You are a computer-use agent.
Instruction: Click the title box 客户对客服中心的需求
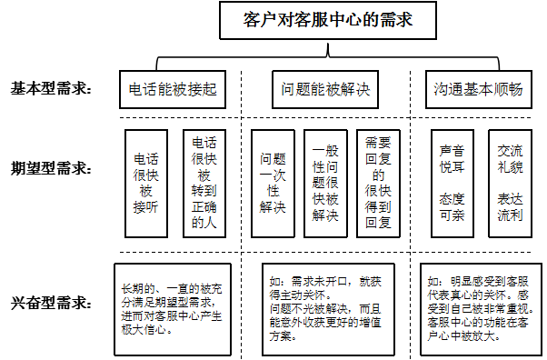point(328,20)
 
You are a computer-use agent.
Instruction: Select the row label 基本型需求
point(51,89)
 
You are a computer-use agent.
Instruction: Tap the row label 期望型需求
point(51,168)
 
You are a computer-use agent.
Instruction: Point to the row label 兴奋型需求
point(51,303)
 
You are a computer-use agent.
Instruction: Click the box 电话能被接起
point(173,89)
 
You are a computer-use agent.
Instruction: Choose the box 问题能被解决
point(325,89)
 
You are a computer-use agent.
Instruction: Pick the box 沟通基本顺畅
point(479,89)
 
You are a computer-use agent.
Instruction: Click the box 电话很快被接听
point(146,184)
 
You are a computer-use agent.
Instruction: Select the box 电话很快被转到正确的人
point(204,184)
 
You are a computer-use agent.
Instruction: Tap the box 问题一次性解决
point(273,184)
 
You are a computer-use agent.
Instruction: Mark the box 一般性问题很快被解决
point(325,184)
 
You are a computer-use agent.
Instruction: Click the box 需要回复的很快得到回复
point(378,184)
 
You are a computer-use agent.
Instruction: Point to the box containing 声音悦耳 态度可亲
point(453,184)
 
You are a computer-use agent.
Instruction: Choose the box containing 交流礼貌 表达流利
point(510,184)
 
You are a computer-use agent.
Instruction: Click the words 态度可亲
point(453,207)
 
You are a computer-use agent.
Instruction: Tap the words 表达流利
point(510,207)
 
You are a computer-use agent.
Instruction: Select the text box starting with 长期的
point(173,309)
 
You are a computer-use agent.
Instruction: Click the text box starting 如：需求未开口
point(328,309)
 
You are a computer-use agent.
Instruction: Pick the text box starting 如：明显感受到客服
point(481,309)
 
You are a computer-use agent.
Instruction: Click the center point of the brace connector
point(328,55)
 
